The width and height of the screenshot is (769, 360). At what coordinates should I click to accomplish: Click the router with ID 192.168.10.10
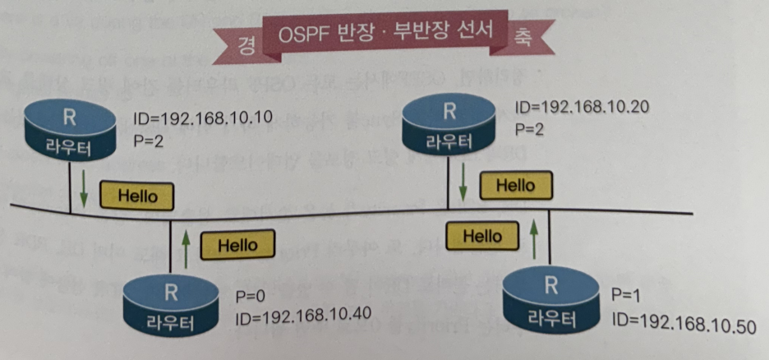click(x=69, y=131)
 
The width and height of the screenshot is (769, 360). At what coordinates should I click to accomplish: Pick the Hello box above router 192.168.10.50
click(x=482, y=237)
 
